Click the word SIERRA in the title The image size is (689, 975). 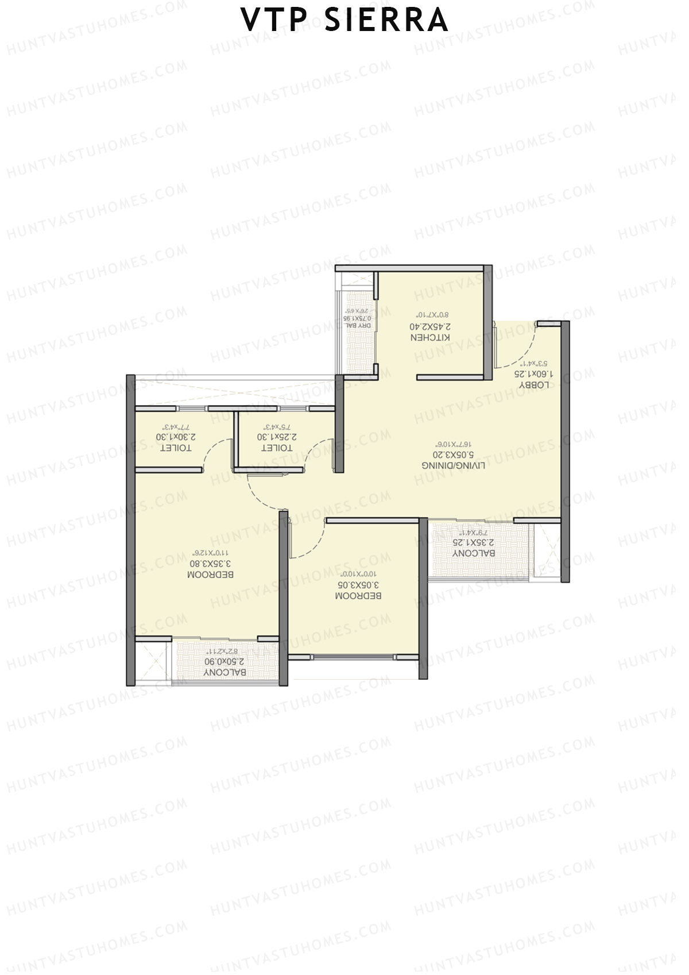tap(386, 20)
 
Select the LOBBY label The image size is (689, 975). tap(534, 385)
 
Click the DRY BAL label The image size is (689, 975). tap(358, 326)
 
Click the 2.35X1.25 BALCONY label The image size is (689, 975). tap(474, 553)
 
